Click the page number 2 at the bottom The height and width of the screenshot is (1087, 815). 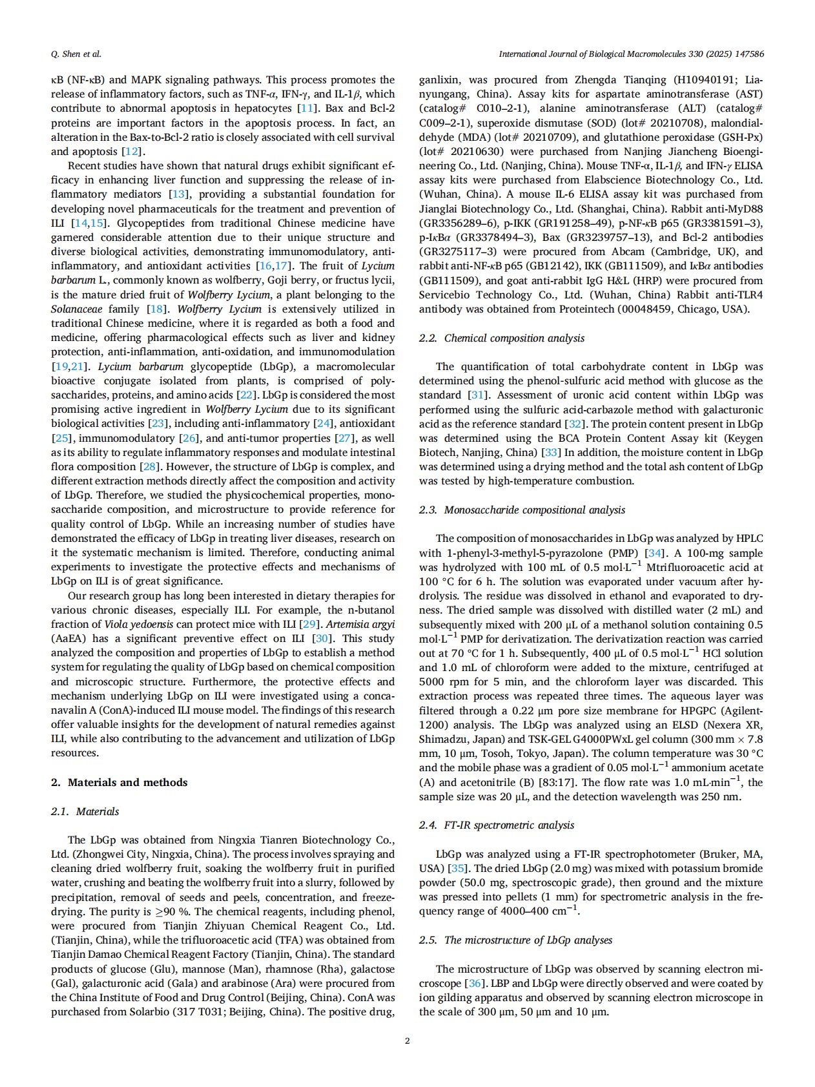click(407, 1040)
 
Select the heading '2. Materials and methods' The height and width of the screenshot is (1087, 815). click(119, 782)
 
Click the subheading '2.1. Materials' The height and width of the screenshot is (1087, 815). click(85, 811)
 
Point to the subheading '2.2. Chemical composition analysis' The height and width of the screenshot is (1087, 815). click(501, 338)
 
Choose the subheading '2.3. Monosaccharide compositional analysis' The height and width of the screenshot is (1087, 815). click(522, 510)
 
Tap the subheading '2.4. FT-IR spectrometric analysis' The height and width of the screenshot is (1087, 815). click(496, 825)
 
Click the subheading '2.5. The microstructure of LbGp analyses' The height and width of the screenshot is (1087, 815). click(515, 940)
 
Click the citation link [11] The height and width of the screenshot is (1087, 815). click(307, 109)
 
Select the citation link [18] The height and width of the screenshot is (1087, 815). click(157, 309)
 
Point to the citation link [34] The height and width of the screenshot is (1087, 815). click(655, 553)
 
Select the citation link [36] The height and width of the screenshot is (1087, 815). click(474, 983)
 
